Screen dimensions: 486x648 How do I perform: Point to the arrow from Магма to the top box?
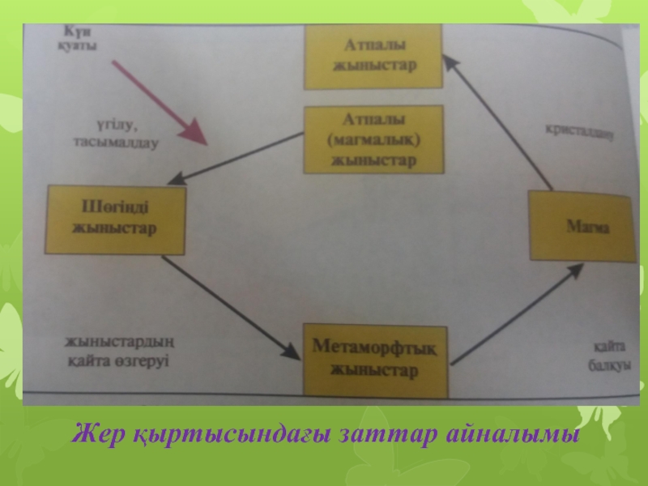pos(497,130)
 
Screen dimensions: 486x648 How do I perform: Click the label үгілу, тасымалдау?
pos(109,133)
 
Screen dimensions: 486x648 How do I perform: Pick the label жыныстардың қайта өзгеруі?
pos(119,349)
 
